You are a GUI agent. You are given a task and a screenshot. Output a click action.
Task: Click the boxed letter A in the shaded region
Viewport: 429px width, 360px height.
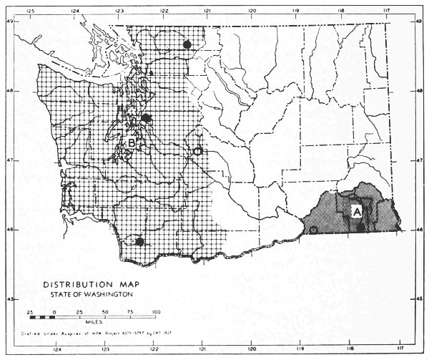(355, 211)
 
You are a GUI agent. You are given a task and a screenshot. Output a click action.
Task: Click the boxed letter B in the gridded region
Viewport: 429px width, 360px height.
(133, 143)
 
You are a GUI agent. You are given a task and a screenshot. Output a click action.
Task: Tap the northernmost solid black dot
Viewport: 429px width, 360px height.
(187, 44)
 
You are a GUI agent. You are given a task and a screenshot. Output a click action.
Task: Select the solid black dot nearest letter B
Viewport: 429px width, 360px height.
(146, 117)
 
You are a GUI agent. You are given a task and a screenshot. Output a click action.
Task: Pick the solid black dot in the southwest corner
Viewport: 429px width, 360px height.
(140, 242)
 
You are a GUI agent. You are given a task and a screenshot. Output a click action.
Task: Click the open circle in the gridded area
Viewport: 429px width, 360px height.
(198, 151)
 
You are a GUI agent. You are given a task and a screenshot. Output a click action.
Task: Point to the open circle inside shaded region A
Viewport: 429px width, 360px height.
(313, 230)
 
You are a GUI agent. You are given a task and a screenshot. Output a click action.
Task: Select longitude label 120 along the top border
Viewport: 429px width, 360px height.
(252, 11)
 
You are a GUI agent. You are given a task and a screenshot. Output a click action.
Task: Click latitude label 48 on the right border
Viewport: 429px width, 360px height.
(419, 91)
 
